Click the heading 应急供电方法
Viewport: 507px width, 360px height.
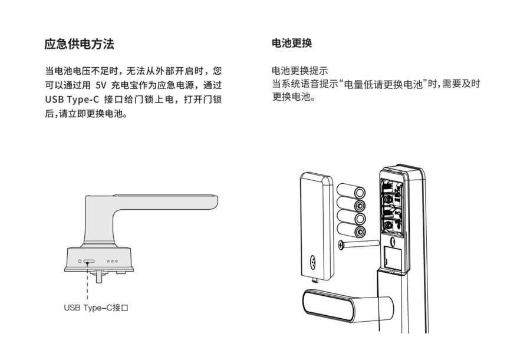(79, 44)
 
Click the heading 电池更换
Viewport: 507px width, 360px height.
(292, 43)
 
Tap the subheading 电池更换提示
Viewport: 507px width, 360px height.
(299, 71)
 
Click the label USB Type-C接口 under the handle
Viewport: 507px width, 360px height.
(96, 308)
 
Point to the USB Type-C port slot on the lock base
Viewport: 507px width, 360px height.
(89, 261)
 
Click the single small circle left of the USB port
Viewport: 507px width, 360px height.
(80, 261)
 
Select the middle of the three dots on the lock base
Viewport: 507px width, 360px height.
(112, 261)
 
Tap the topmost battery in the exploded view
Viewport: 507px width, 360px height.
(351, 191)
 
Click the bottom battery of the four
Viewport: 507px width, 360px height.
(351, 230)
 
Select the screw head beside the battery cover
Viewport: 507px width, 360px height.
(341, 245)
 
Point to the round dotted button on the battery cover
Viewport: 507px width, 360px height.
(312, 262)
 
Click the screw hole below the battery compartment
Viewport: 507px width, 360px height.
(393, 241)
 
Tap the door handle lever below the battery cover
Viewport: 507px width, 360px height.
(348, 305)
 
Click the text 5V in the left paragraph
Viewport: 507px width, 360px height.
(101, 85)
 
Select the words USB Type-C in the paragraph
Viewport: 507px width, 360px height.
(72, 100)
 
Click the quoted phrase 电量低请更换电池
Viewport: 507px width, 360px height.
(383, 84)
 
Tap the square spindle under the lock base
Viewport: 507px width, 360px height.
(99, 278)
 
